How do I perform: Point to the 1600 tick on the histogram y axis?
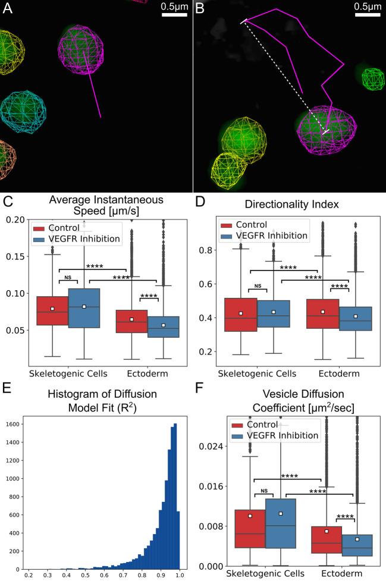coord(14,425)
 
